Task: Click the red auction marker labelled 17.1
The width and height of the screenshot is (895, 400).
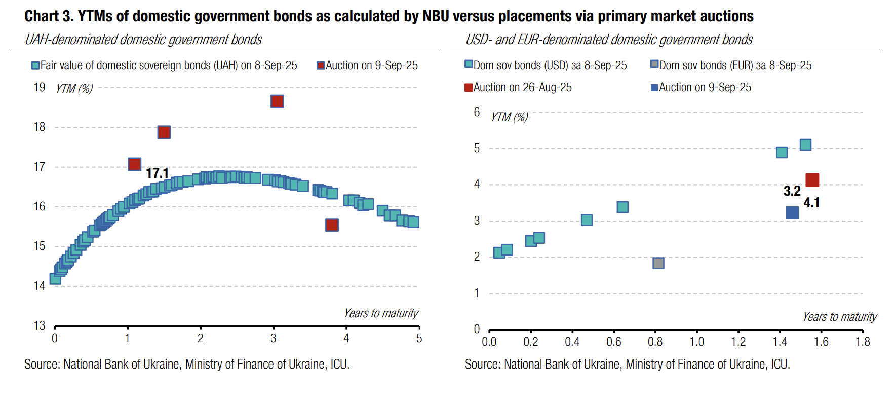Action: pyautogui.click(x=134, y=164)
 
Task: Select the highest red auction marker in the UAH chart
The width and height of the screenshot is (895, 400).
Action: pyautogui.click(x=277, y=101)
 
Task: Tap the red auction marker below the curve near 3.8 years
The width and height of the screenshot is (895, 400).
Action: pyautogui.click(x=332, y=225)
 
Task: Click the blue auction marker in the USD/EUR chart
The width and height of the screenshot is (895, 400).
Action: pyautogui.click(x=792, y=213)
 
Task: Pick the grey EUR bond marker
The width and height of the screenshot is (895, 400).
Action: pyautogui.click(x=658, y=263)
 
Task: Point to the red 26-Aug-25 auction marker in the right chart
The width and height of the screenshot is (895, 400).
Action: pyautogui.click(x=812, y=180)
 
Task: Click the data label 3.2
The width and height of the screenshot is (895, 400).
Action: pyautogui.click(x=792, y=191)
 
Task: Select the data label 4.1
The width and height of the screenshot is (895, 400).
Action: pyautogui.click(x=811, y=203)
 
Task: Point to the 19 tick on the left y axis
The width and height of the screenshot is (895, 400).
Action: pyautogui.click(x=40, y=87)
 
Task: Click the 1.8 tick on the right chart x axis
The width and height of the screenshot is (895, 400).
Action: pyautogui.click(x=863, y=342)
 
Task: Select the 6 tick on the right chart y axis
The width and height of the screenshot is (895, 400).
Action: pyautogui.click(x=477, y=112)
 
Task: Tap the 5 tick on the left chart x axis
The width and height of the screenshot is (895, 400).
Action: pyautogui.click(x=419, y=338)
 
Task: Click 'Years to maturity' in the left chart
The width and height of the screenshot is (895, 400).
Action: pyautogui.click(x=381, y=313)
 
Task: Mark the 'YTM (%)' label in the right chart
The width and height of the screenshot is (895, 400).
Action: pyautogui.click(x=509, y=117)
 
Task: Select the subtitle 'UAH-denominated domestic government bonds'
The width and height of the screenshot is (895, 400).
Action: pyautogui.click(x=143, y=40)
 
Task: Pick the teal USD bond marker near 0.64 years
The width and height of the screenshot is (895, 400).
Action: pyautogui.click(x=622, y=207)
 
